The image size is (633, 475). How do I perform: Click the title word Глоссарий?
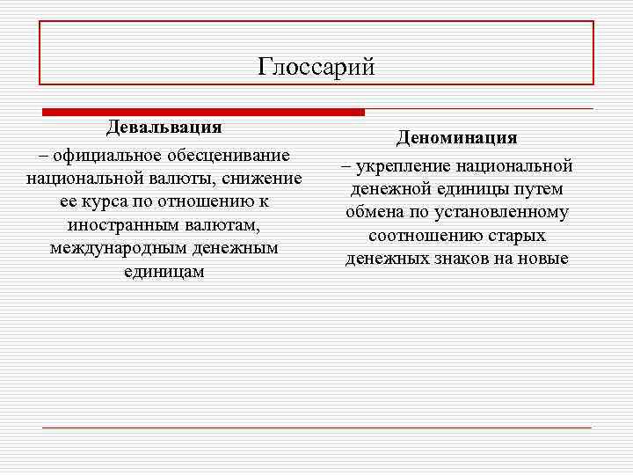point(316,67)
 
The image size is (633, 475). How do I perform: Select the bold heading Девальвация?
point(164,127)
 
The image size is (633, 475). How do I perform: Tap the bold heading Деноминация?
point(456,138)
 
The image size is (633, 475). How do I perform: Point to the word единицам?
point(164,271)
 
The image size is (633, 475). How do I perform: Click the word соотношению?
point(425,236)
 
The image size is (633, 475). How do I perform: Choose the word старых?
point(519,236)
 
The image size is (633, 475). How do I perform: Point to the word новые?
point(546,259)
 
